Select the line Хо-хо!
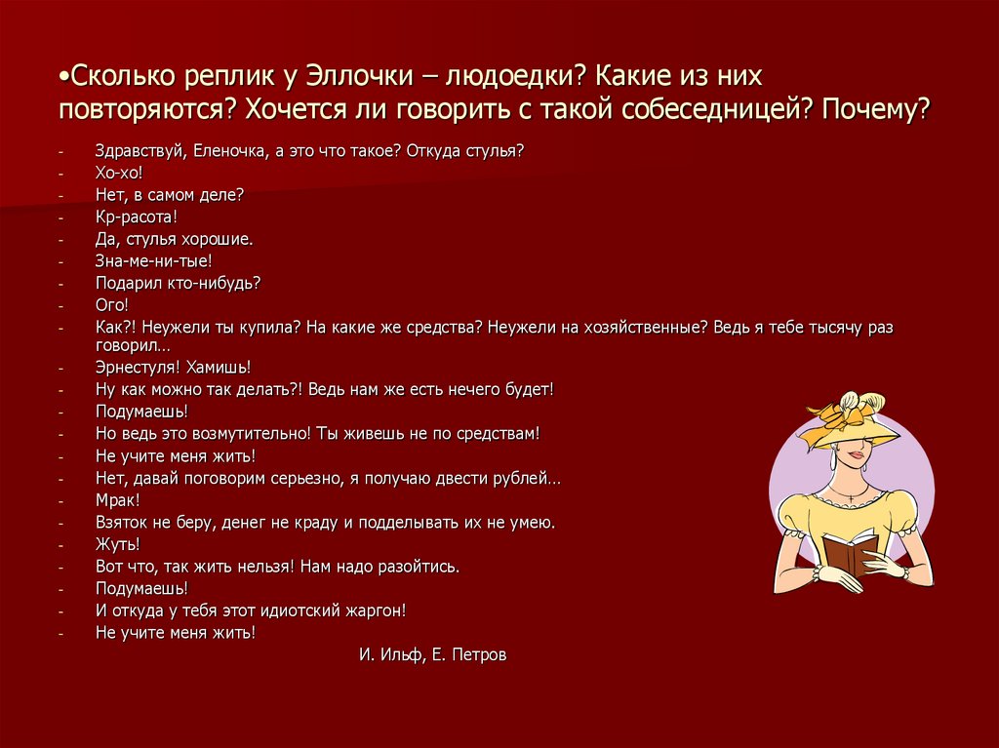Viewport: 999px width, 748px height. point(119,172)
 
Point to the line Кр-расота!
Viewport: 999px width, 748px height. point(136,217)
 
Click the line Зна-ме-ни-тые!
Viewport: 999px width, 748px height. point(153,260)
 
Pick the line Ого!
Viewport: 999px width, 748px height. point(112,305)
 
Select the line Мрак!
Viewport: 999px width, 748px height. point(117,500)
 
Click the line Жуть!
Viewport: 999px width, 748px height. point(117,544)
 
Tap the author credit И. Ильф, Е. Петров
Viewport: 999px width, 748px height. point(432,655)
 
